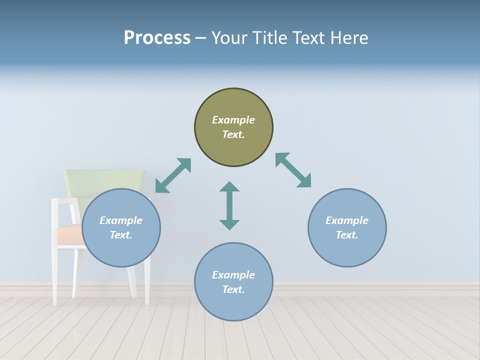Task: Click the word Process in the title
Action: [x=157, y=38]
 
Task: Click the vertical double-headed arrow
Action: [x=229, y=205]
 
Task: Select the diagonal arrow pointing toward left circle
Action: [x=173, y=175]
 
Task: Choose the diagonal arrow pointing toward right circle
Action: [x=293, y=170]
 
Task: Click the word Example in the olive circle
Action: [x=233, y=120]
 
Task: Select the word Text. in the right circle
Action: [x=347, y=235]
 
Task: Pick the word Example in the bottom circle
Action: [x=233, y=275]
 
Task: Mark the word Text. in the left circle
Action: [x=121, y=235]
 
